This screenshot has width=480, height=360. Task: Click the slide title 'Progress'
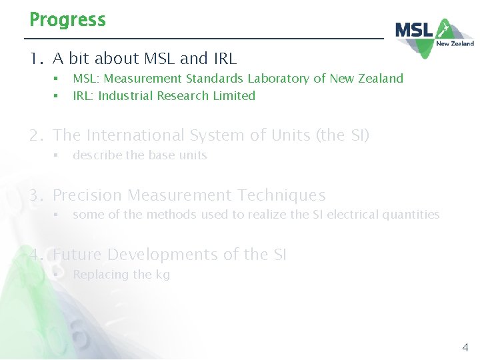[67, 20]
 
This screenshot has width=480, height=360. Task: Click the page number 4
[465, 347]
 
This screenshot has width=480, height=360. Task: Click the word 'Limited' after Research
[234, 96]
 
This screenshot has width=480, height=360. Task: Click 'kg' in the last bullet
[163, 275]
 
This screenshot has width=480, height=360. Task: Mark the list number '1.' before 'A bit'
[36, 59]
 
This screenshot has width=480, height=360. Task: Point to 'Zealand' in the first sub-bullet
[382, 79]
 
